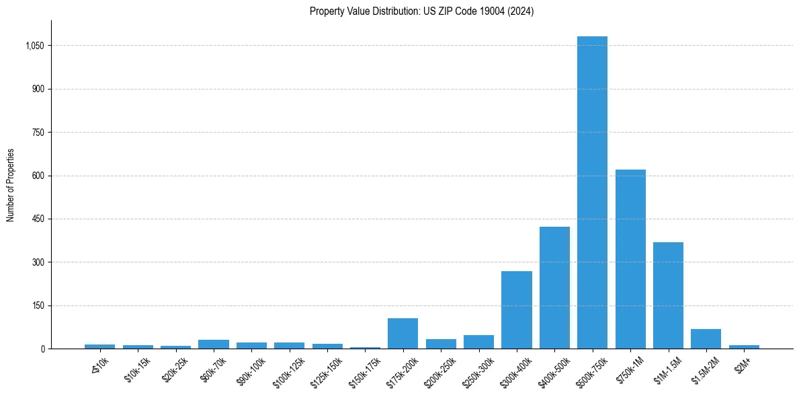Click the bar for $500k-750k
[592, 192]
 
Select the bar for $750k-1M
[630, 259]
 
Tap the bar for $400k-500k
[554, 288]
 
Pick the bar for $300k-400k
[517, 310]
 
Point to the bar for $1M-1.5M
[668, 295]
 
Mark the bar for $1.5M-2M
[706, 339]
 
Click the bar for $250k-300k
[478, 342]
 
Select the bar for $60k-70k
[214, 345]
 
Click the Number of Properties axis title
[11, 185]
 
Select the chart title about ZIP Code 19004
[422, 11]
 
